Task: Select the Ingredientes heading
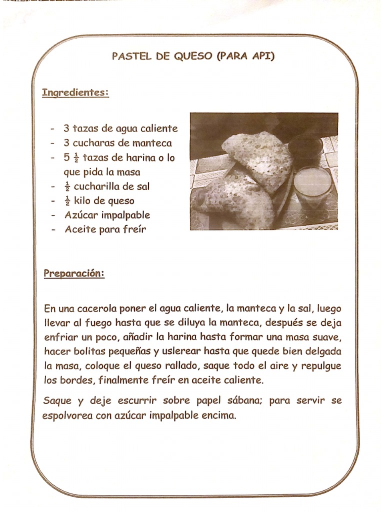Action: [75, 92]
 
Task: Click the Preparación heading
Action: [73, 273]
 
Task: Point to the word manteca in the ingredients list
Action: [152, 142]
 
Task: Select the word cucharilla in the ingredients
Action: [96, 186]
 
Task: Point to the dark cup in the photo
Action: [305, 148]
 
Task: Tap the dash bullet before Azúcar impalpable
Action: [53, 215]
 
